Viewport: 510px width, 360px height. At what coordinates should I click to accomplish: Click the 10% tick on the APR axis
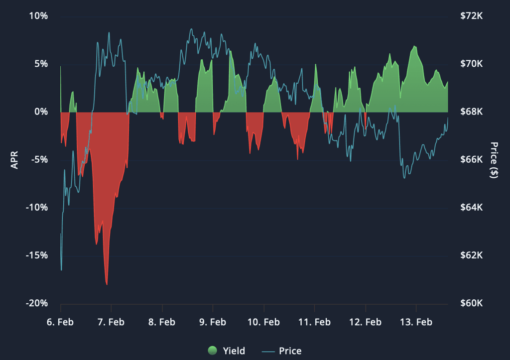point(38,16)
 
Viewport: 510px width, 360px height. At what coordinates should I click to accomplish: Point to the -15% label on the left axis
point(37,255)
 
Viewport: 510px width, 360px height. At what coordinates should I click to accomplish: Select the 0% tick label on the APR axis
point(41,112)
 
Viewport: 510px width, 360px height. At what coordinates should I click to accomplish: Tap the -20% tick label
point(37,303)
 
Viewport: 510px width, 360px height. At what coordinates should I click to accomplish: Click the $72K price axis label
point(471,16)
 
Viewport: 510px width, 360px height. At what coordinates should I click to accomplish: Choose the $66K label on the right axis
point(471,159)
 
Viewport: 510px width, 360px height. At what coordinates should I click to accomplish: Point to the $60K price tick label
point(471,303)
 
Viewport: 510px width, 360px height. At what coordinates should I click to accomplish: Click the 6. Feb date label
point(60,322)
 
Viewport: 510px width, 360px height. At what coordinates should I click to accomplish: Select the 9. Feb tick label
point(212,322)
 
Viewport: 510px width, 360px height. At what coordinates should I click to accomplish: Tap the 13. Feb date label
point(416,322)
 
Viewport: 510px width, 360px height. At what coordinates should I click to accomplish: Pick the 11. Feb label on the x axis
point(314,322)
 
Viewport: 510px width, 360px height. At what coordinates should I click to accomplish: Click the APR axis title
point(14,160)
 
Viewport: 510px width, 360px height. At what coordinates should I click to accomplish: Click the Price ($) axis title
point(494,160)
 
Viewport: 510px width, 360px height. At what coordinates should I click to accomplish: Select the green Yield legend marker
point(212,350)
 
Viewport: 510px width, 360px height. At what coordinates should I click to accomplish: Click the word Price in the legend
point(290,351)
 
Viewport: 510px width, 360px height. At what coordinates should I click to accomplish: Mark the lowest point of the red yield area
point(107,284)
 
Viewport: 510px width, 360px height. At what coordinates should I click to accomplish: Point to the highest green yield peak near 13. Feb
point(414,46)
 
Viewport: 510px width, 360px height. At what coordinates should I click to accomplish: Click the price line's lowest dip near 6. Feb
point(61,270)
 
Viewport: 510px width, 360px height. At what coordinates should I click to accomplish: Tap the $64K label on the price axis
point(471,207)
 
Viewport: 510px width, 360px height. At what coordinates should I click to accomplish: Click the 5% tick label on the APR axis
point(41,64)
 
